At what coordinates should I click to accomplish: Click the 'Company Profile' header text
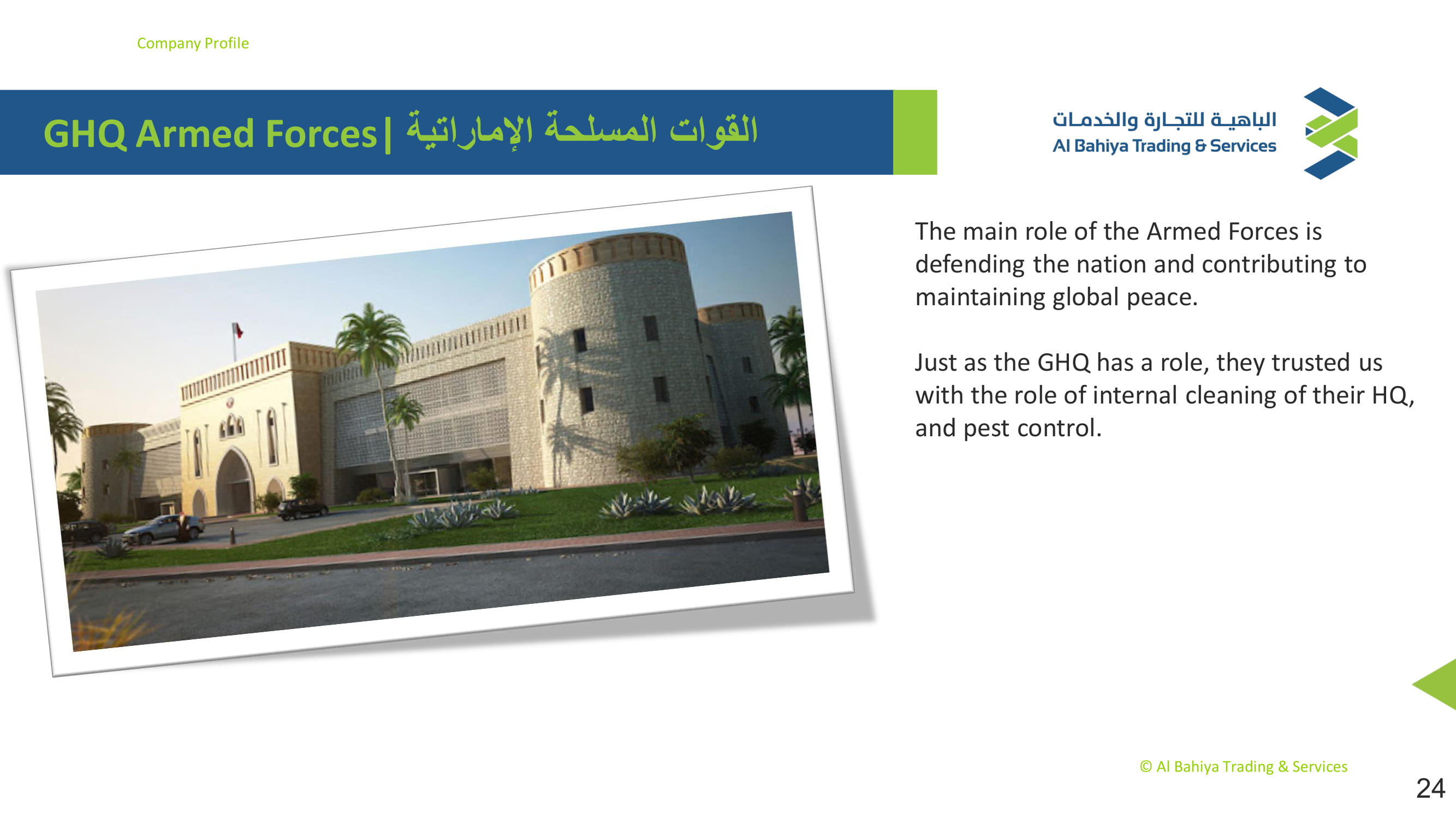point(193,44)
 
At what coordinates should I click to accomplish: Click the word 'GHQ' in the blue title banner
point(85,134)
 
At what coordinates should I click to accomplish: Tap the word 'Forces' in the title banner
point(320,134)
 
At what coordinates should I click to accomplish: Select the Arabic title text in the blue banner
point(582,130)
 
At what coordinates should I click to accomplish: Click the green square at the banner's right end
point(915,132)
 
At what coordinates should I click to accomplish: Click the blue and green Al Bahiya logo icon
point(1330,133)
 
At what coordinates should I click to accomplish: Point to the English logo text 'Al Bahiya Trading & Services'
point(1164,146)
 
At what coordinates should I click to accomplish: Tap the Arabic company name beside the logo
point(1164,119)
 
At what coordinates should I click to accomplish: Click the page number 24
point(1430,788)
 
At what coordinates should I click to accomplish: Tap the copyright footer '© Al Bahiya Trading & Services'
point(1244,767)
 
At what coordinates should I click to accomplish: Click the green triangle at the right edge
point(1436,684)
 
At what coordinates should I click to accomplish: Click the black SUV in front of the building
point(302,509)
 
